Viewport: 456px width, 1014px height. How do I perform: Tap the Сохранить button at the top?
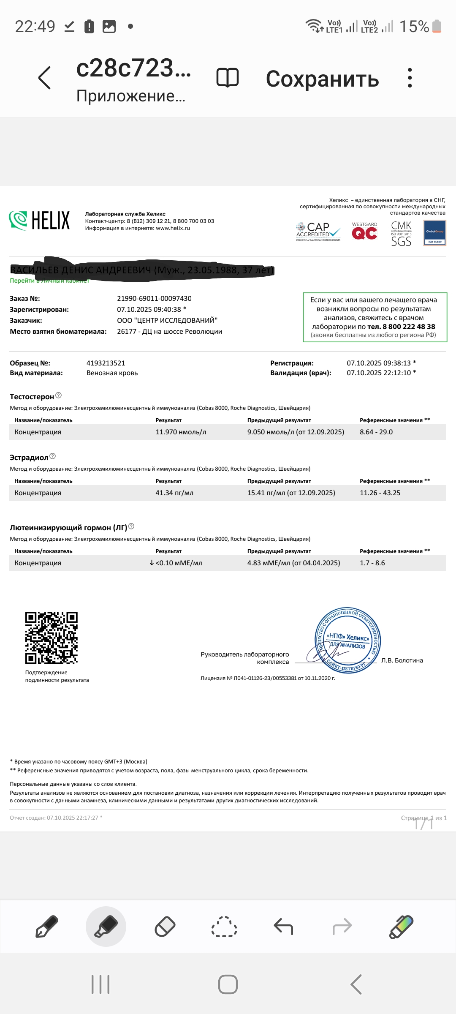click(322, 79)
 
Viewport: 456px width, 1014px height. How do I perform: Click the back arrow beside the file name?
click(44, 78)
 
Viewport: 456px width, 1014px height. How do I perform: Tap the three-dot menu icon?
click(410, 78)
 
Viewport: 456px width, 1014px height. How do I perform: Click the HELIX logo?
click(39, 221)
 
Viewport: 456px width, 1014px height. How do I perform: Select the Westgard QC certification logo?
click(364, 232)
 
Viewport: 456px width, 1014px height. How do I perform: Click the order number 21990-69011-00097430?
click(154, 298)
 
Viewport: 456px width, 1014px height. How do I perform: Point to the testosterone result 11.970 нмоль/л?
click(181, 432)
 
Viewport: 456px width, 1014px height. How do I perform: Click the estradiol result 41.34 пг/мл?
click(174, 493)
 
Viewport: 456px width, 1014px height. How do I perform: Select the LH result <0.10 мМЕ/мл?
click(178, 563)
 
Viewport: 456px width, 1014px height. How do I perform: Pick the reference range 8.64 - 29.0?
click(376, 432)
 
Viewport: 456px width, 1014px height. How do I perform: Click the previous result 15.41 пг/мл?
click(291, 493)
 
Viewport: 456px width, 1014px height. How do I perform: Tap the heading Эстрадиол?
click(29, 458)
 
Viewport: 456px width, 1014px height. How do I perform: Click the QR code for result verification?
click(52, 638)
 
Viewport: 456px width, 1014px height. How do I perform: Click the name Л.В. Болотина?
click(402, 660)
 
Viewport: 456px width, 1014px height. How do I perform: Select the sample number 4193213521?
click(106, 363)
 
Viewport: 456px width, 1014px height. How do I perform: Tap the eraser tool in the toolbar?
click(165, 927)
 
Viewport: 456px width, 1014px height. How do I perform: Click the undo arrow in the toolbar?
click(283, 927)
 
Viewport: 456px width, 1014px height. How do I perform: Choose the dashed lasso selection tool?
click(224, 927)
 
